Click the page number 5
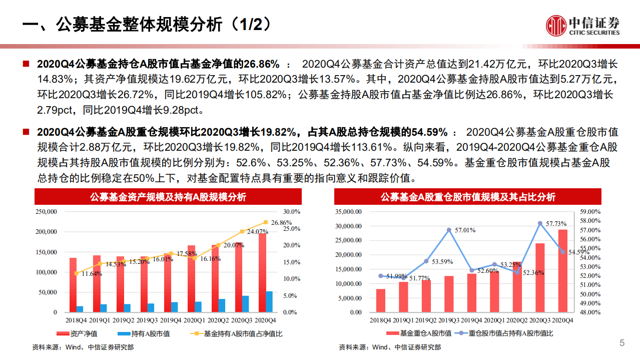pos(622,343)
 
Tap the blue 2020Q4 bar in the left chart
pos(269,301)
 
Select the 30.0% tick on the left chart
pos(291,212)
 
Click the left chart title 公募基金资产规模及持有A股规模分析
pos(168,197)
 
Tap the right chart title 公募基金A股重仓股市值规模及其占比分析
pos(468,197)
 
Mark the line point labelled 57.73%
pos(540,223)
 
